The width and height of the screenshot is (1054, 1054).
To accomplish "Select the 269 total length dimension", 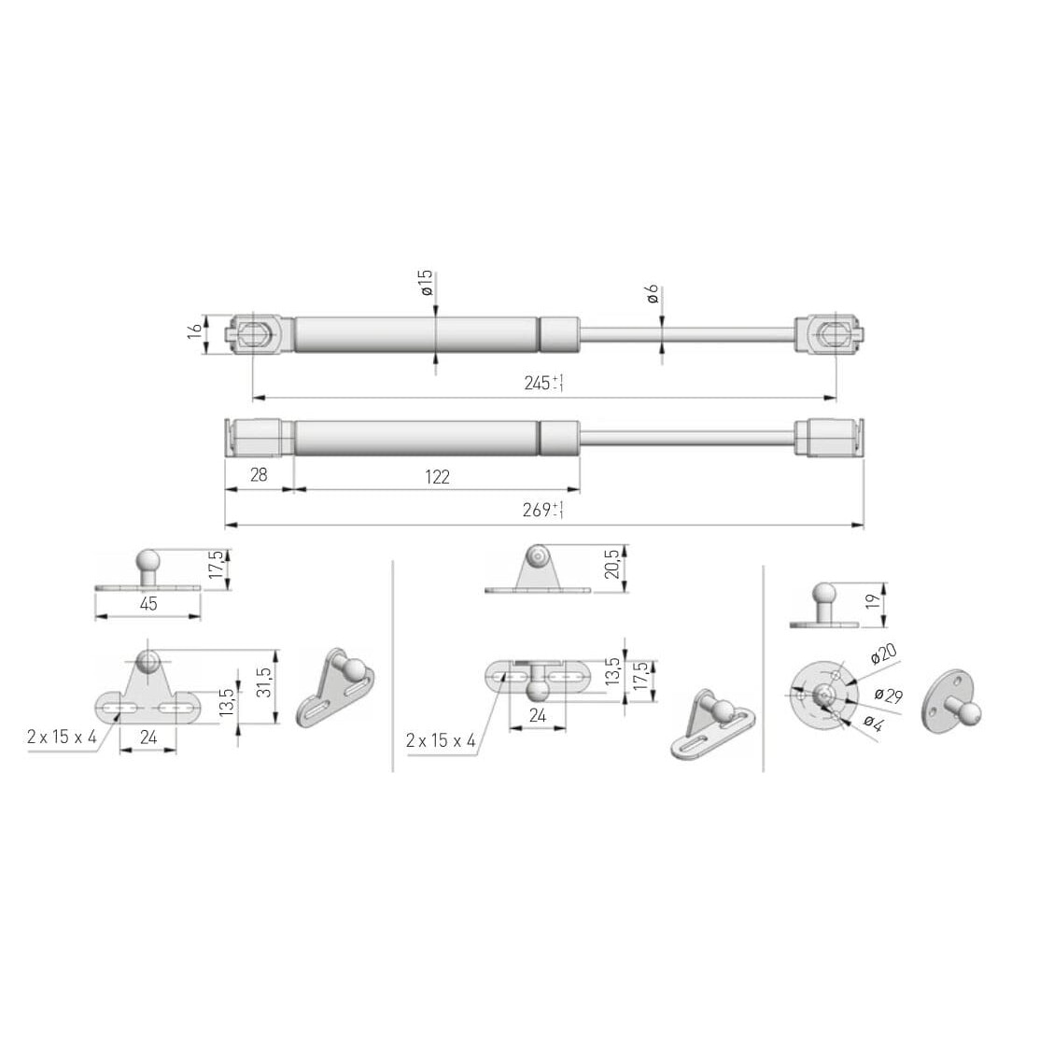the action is click(542, 510).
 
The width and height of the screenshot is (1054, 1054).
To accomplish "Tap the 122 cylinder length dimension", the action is click(437, 477).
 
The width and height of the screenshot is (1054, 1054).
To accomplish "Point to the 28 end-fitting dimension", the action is click(259, 474).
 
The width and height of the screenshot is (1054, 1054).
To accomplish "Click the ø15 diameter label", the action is click(426, 284).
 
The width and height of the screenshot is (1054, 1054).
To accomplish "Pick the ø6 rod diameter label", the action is click(652, 294).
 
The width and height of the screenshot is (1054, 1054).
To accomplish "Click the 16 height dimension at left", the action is click(195, 330).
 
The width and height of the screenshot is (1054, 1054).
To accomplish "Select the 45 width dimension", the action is click(148, 604).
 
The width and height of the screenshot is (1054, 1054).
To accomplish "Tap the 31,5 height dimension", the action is click(264, 682).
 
